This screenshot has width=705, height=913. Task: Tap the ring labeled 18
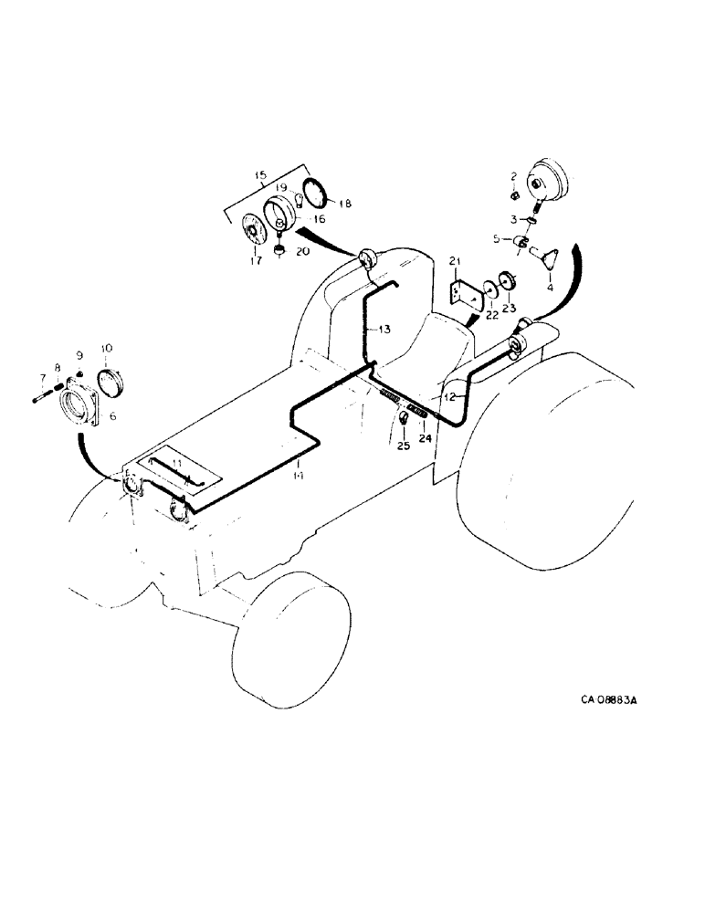[314, 194]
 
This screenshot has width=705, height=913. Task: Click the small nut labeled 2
[515, 193]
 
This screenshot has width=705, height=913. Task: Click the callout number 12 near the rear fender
[448, 396]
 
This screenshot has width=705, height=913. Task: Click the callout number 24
[424, 436]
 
